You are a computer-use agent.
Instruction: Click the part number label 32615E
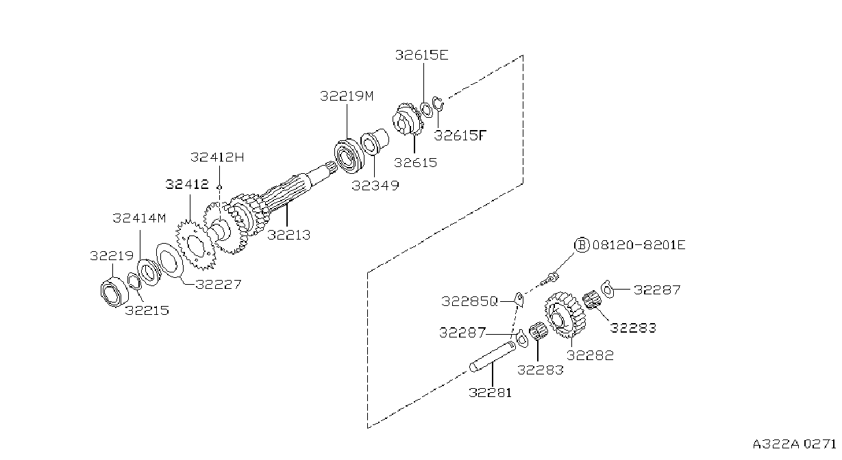(x=421, y=55)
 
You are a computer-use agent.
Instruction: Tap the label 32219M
(x=347, y=96)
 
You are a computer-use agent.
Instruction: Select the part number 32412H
(x=217, y=157)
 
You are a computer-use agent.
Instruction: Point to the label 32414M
(x=139, y=218)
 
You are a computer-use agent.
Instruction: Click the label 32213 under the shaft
(x=288, y=235)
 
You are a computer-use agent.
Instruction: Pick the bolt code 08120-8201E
(x=639, y=245)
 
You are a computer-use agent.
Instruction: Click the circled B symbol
(x=582, y=245)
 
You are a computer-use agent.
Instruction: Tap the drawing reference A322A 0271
(x=794, y=444)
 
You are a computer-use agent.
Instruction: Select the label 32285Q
(x=469, y=301)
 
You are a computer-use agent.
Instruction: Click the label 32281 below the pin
(x=490, y=393)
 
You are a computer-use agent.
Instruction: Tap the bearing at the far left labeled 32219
(x=114, y=292)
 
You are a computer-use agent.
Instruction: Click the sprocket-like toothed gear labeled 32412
(x=195, y=245)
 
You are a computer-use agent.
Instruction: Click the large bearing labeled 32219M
(x=349, y=156)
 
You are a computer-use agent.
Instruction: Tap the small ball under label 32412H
(x=219, y=188)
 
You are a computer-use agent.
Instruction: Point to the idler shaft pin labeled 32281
(x=493, y=357)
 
